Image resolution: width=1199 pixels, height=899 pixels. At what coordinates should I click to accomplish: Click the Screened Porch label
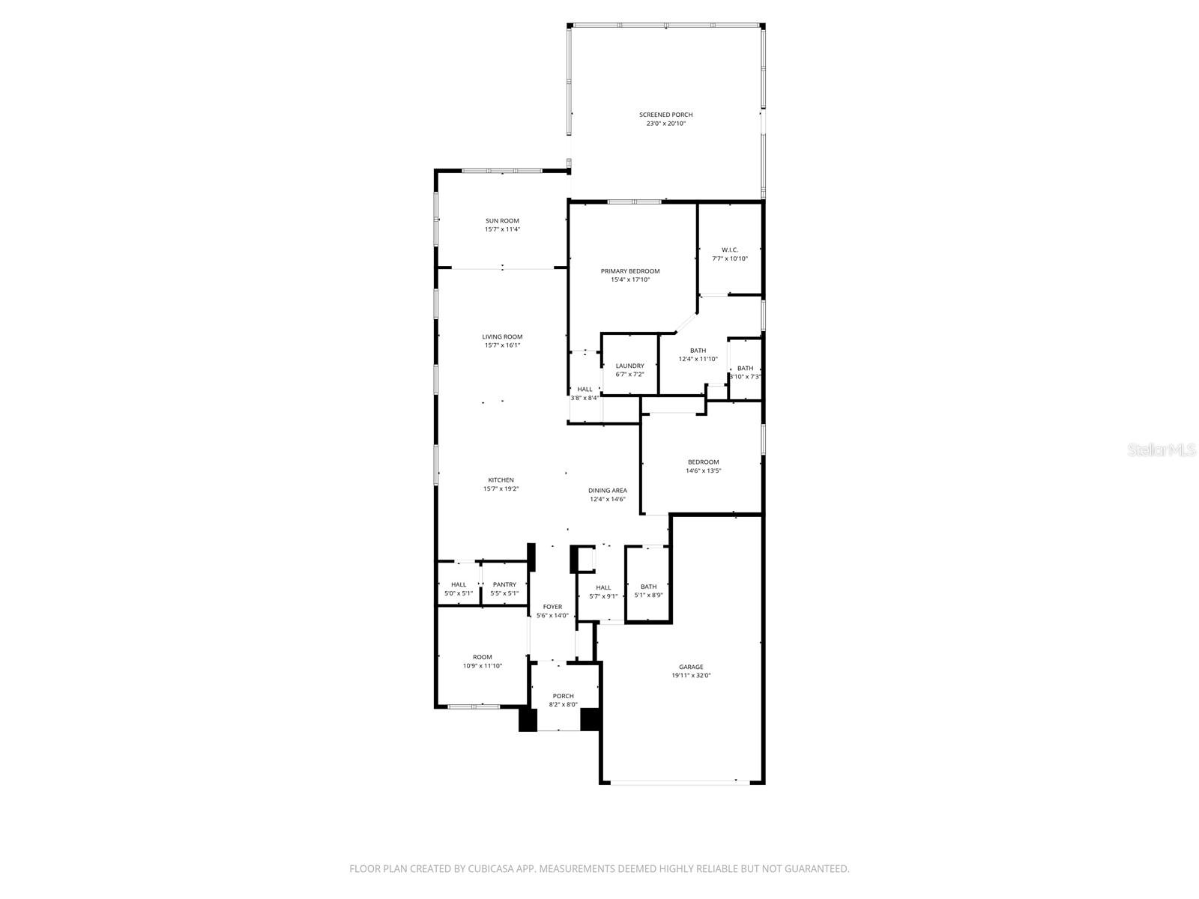(x=665, y=115)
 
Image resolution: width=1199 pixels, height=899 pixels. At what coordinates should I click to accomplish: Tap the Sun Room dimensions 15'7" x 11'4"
(x=502, y=229)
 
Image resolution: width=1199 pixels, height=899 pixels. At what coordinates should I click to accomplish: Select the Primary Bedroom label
(x=629, y=271)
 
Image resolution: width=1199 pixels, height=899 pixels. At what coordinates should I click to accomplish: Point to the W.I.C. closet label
(x=730, y=249)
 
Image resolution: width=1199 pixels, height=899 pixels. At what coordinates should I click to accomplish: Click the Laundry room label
(x=629, y=366)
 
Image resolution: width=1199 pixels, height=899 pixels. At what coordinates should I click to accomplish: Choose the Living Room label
(x=502, y=337)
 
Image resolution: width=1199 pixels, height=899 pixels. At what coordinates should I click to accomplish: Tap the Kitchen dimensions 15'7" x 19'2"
(x=501, y=488)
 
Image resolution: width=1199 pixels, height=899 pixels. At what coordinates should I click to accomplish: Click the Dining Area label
(x=607, y=491)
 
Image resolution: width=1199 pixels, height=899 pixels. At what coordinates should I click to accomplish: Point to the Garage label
(x=691, y=667)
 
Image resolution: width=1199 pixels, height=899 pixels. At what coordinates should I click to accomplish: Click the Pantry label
(x=504, y=584)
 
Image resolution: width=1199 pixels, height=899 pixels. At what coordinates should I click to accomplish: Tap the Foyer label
(x=552, y=607)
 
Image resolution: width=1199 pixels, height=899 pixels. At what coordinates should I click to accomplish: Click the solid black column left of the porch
(x=528, y=719)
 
